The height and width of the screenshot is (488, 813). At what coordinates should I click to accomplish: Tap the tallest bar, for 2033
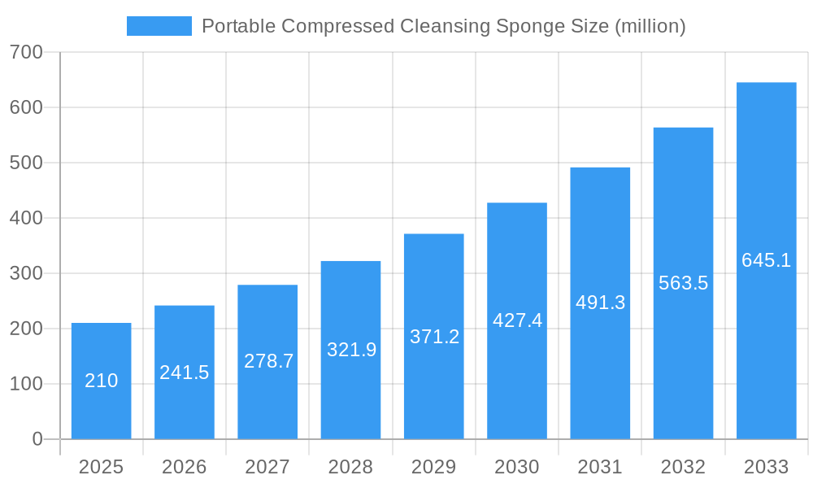766,260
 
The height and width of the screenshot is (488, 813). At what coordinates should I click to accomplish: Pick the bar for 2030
517,320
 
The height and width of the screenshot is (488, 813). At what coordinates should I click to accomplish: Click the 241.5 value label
185,373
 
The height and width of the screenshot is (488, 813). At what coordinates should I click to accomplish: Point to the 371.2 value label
434,337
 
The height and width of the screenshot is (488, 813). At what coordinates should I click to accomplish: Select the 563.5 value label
683,283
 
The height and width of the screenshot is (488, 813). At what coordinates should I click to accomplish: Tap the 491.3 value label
600,303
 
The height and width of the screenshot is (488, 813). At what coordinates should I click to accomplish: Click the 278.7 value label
268,361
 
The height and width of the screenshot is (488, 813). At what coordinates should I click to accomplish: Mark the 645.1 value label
766,260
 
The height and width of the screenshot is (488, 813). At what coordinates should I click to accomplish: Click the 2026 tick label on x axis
185,467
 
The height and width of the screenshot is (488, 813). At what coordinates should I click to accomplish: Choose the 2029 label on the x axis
434,467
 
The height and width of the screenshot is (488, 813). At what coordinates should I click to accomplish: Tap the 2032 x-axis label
683,467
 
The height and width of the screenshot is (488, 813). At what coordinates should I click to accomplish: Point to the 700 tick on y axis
26,52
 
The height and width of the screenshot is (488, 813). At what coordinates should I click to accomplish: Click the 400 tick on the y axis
26,218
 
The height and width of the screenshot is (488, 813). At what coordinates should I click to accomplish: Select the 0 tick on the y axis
37,439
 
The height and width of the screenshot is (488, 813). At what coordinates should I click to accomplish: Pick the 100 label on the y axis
26,384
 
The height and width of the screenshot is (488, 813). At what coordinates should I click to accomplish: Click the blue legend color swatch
159,26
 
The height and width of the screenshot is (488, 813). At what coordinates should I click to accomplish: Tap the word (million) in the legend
650,26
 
